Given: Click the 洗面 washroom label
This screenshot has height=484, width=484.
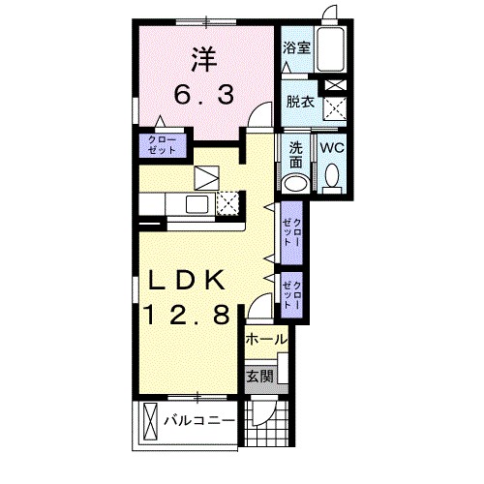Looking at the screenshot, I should click(296, 155).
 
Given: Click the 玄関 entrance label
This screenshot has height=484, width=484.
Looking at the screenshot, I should click(258, 375).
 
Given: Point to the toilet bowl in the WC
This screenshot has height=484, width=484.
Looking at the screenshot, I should click(332, 177).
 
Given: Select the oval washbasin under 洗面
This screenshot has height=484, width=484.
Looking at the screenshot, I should click(295, 184).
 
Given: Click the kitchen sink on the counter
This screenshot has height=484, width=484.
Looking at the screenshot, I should click(195, 203).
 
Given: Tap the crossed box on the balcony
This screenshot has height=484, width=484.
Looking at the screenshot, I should click(150, 422).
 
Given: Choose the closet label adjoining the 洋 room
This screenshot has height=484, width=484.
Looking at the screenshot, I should click(163, 146).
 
